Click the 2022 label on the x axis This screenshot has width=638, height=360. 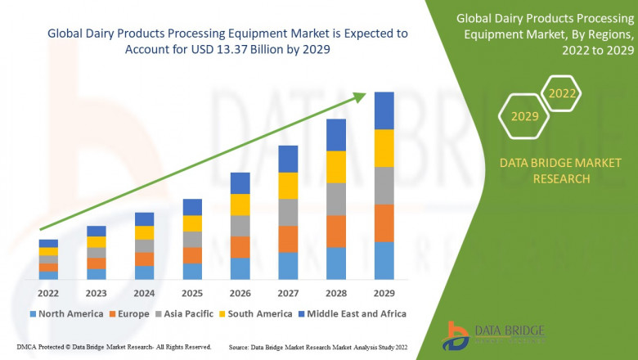click(48, 293)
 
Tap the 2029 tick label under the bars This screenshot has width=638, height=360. click(384, 293)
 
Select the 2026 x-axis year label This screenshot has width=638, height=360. click(240, 293)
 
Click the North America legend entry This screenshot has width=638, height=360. click(65, 313)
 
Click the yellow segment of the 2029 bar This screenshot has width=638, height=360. click(384, 148)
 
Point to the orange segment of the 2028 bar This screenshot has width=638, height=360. click(336, 232)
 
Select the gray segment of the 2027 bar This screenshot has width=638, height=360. click(288, 212)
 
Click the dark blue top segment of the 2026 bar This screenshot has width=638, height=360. click(240, 183)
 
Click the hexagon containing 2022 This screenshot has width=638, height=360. click(562, 93)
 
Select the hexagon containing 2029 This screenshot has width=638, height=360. click(524, 116)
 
